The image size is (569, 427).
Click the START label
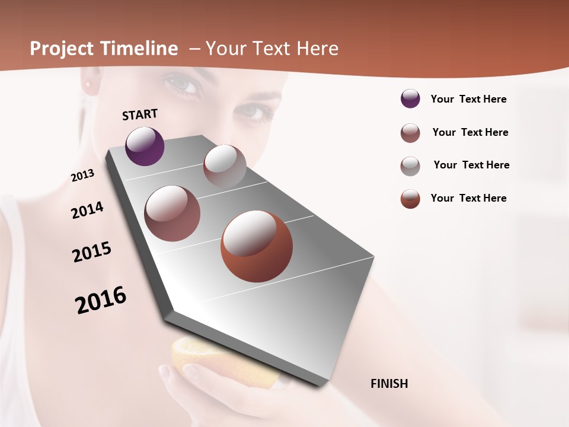140,114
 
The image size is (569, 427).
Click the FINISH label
389,384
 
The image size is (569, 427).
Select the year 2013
83,176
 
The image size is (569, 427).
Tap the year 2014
88,211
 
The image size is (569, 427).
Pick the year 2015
92,252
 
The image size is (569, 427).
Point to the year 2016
101,299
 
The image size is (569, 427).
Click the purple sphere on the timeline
145,146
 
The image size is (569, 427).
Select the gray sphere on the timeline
225,165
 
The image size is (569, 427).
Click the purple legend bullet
410,99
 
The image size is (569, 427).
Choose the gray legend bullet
410,165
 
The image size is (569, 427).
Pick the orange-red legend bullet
410,199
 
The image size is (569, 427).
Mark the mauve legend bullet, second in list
410,132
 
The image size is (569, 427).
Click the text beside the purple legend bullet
468,99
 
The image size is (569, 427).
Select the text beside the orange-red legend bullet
468,198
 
